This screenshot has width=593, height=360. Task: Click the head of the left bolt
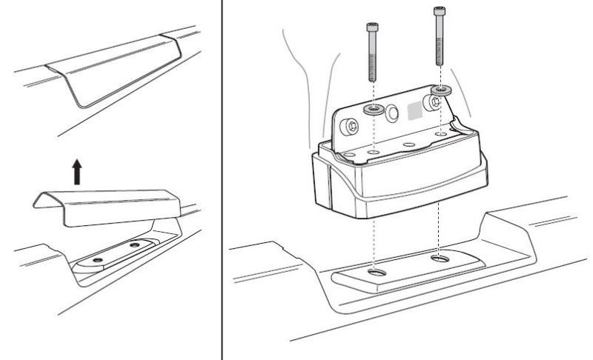point(371,27)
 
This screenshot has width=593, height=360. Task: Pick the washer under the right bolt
point(440,90)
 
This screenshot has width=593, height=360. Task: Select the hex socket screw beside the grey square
point(429,101)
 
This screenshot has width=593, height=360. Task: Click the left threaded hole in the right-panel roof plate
point(374,273)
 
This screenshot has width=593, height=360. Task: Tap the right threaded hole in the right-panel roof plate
point(440,259)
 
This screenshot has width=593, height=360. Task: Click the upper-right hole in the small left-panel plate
point(134,244)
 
